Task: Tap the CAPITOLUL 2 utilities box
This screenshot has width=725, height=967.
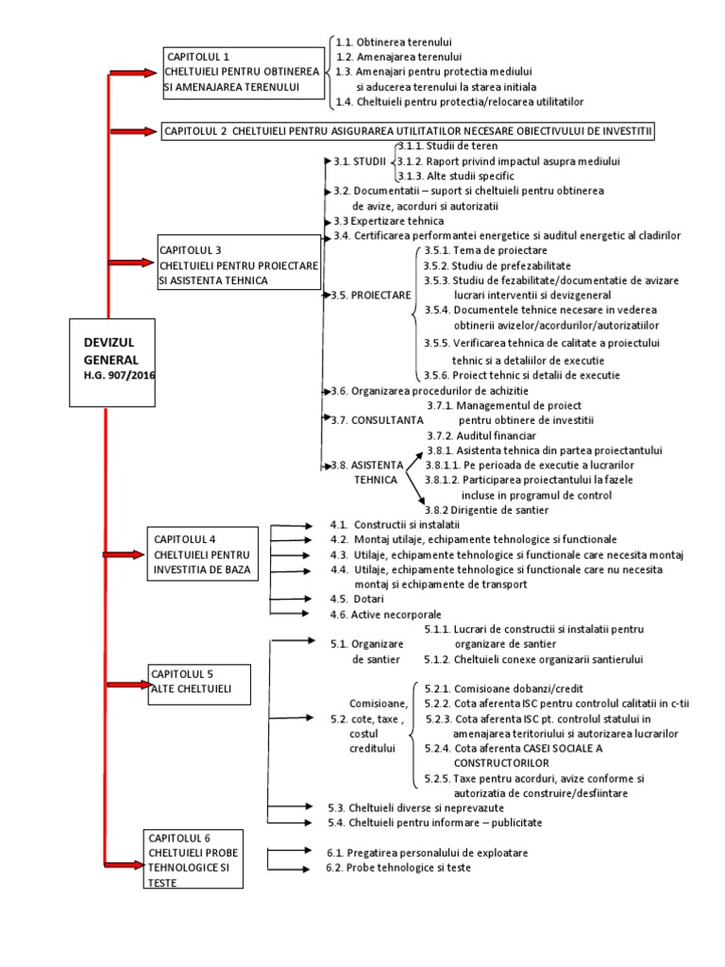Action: click(408, 129)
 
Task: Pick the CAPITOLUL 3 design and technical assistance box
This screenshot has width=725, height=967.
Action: click(239, 265)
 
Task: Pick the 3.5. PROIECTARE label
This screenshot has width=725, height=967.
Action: click(371, 295)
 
